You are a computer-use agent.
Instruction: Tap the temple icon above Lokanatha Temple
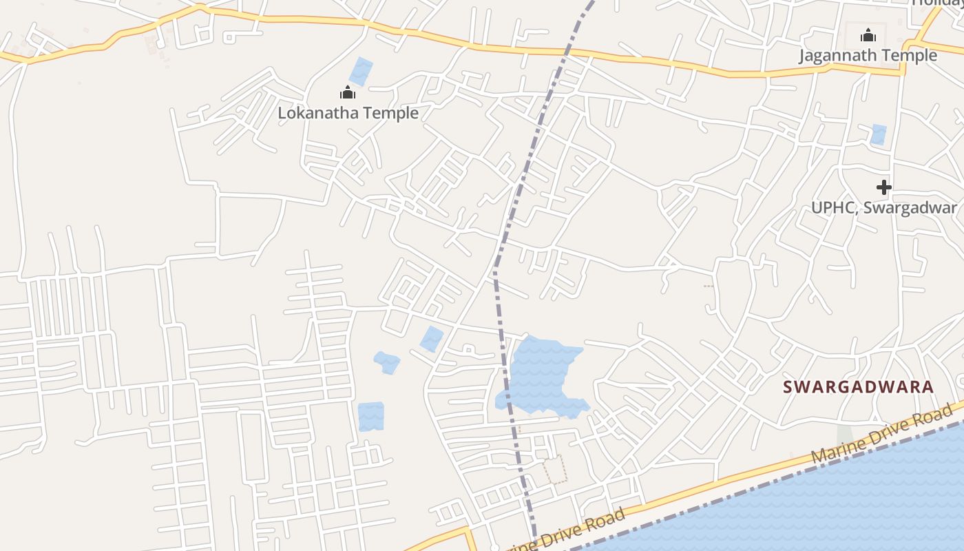[x=348, y=93]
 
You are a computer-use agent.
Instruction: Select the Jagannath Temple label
[x=868, y=55]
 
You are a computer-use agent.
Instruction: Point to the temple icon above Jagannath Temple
[x=868, y=35]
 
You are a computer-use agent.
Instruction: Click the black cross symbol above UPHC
[x=884, y=187]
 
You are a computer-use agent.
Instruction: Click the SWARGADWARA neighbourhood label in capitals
[x=859, y=387]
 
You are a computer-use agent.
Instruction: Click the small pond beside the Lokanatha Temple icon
[x=361, y=72]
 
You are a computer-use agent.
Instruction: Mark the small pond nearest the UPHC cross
[x=878, y=134]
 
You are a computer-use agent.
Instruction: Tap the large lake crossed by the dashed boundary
[x=541, y=375]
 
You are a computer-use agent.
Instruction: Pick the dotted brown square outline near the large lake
[x=555, y=469]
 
